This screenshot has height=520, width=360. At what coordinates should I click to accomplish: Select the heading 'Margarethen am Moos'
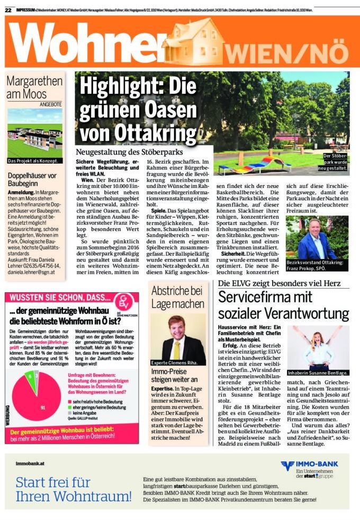34,87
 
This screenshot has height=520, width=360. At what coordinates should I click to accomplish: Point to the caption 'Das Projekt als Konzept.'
33,160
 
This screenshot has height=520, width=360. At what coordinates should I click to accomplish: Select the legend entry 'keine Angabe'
85,412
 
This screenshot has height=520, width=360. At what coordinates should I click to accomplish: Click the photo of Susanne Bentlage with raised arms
318,346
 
